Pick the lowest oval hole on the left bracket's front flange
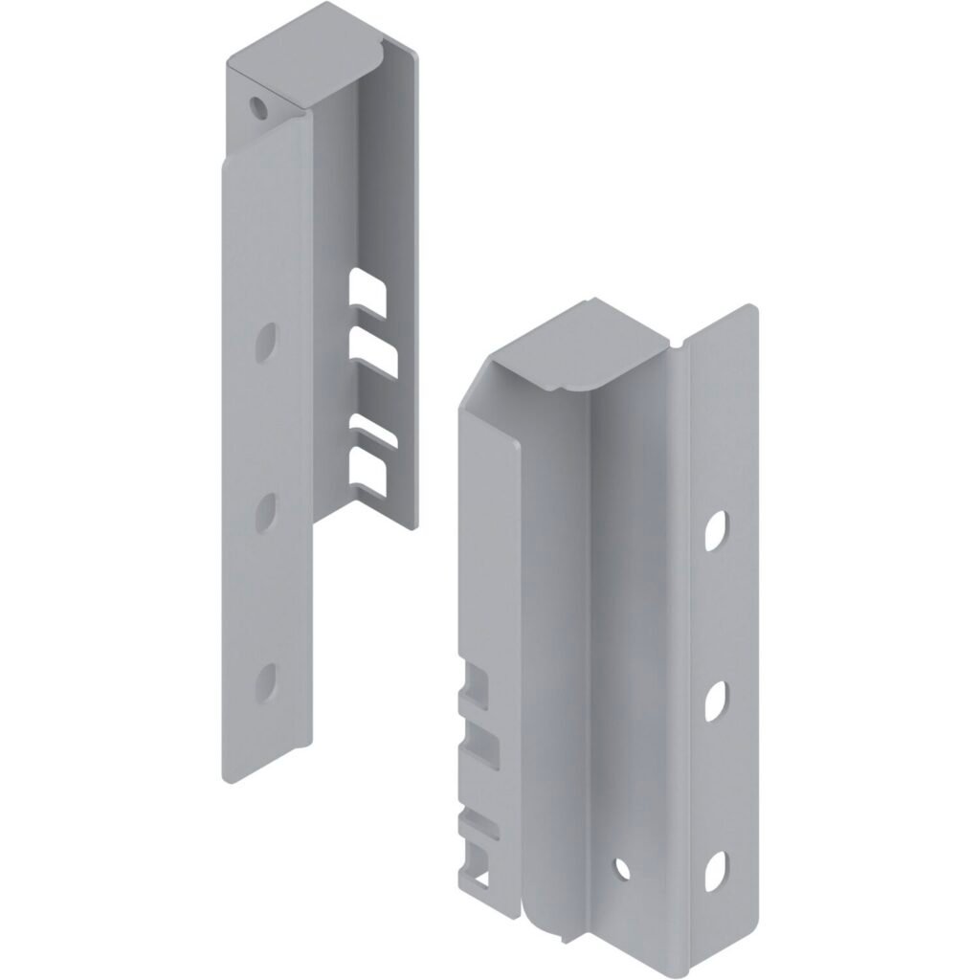point(267,680)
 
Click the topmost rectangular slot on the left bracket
point(367,293)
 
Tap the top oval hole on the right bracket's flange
point(716,531)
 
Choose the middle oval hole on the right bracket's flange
point(716,702)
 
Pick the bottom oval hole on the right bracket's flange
point(716,872)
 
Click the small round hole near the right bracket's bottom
point(622,868)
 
